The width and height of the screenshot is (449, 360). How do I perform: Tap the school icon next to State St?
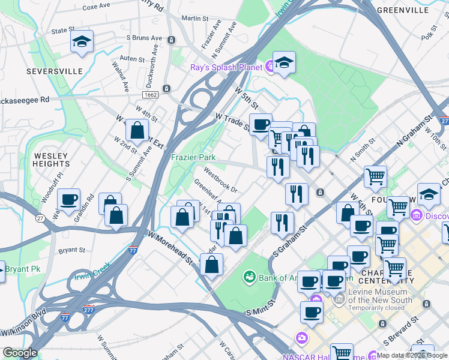click(x=82, y=42)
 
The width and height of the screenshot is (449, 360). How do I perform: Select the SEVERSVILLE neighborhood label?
click(x=54, y=71)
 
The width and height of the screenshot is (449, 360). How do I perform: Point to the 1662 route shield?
click(x=151, y=95)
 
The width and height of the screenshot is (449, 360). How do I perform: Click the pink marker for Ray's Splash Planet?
click(x=270, y=68)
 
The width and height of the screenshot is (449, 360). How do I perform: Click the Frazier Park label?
click(x=193, y=157)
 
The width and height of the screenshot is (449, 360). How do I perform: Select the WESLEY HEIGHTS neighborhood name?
click(x=51, y=160)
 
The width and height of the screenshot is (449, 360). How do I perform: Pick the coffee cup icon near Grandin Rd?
click(x=69, y=200)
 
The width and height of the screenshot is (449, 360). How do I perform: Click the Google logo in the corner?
click(x=20, y=353)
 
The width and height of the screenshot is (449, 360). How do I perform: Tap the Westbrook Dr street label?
click(x=220, y=179)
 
